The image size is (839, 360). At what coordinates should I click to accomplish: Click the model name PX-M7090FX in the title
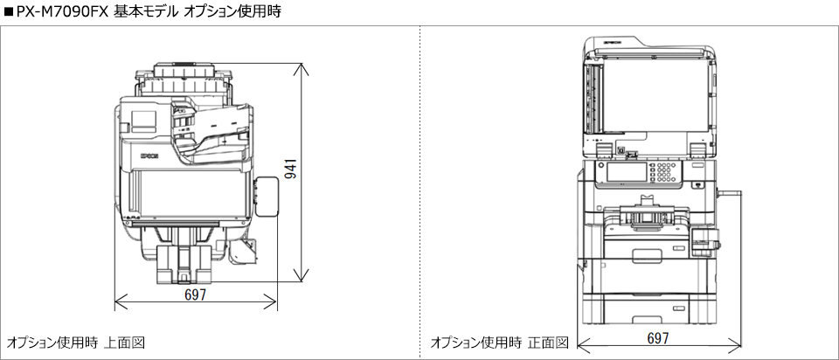61,11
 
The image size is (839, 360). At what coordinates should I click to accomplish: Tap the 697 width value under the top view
196,295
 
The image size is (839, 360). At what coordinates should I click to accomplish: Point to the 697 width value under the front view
659,337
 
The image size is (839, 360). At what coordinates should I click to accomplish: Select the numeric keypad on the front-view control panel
669,172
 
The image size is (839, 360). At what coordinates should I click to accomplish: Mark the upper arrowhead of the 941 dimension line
303,66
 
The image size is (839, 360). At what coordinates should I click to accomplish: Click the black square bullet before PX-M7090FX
8,11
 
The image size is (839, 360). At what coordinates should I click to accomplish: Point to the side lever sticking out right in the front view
730,191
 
